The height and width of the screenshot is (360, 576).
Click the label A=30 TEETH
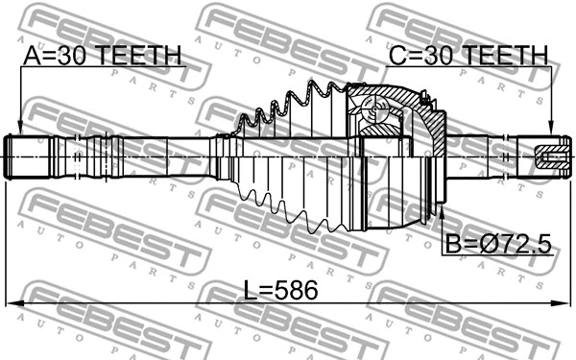[x=100, y=57]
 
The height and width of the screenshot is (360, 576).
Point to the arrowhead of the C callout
[x=551, y=132]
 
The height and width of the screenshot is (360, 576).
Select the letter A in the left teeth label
[x=31, y=57]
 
